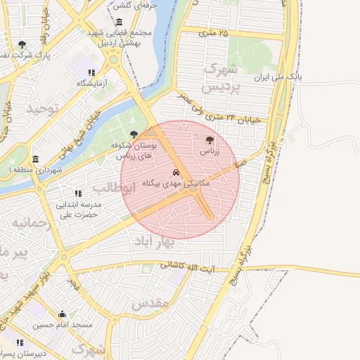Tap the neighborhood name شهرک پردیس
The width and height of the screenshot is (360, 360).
tap(221, 78)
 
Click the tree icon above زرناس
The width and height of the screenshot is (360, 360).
tap(209, 140)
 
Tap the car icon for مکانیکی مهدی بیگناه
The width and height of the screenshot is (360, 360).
tap(175, 172)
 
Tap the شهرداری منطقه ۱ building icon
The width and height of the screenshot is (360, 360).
tap(35, 159)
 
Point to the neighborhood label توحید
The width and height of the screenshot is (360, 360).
tap(46, 110)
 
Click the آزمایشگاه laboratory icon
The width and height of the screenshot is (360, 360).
tap(91, 72)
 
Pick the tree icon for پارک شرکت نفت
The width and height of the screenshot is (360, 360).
tap(22, 44)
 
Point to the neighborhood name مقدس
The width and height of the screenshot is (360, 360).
tap(150, 302)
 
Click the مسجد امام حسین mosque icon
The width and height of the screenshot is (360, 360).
tap(63, 314)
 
